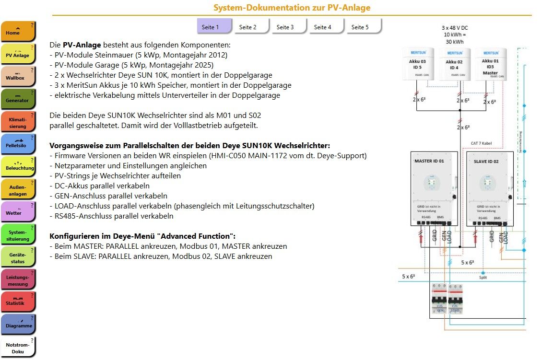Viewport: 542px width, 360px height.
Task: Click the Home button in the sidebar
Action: (x=18, y=31)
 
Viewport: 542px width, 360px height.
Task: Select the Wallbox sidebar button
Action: (x=18, y=77)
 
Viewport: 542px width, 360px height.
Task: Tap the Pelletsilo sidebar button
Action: (x=18, y=144)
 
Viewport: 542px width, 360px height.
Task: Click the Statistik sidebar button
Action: (x=18, y=302)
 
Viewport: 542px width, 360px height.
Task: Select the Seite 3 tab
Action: (x=285, y=27)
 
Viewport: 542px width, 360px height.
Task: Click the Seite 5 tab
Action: (x=360, y=27)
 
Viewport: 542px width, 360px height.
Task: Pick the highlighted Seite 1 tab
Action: (x=211, y=27)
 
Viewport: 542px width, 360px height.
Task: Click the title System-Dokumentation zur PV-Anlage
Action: (x=292, y=8)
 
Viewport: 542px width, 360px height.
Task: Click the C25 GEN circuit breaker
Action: (x=439, y=298)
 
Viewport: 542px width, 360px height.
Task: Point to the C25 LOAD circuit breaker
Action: (x=455, y=298)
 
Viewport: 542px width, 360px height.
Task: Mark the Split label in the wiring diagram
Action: (x=483, y=278)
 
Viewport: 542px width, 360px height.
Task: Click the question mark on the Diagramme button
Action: (x=32, y=318)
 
